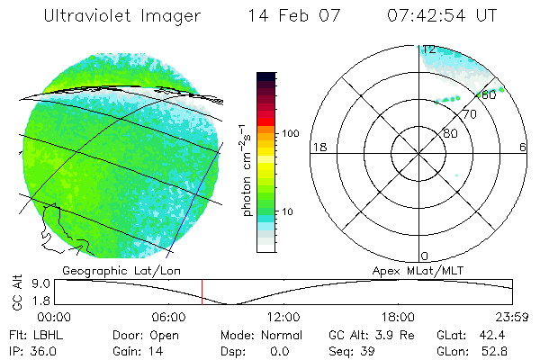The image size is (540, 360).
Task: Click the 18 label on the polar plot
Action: (x=318, y=147)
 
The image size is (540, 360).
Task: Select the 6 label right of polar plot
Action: (x=524, y=147)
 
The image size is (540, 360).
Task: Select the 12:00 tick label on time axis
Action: (x=283, y=318)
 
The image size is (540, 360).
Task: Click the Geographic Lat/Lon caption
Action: (x=105, y=270)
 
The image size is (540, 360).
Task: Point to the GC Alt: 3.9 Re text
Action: (x=369, y=335)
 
